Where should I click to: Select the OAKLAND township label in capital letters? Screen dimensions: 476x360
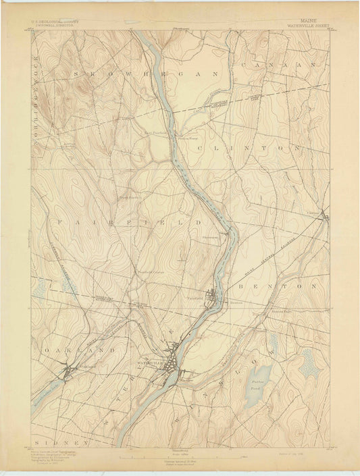(70, 352)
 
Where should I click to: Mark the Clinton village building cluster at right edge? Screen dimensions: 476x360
(325, 217)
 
